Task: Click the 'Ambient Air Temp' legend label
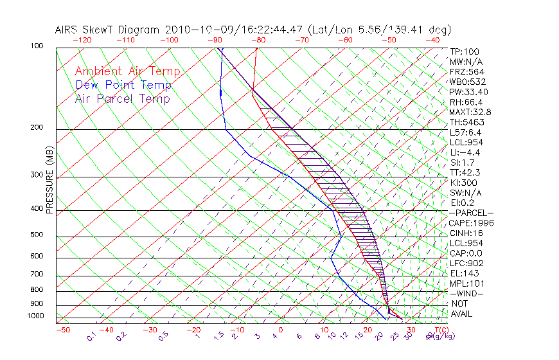tap(128, 72)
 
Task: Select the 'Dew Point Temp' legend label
tap(123, 85)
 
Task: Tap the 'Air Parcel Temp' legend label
tap(123, 99)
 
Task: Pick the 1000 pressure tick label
tap(36, 316)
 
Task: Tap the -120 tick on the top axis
tap(82, 40)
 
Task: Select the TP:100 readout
tap(465, 52)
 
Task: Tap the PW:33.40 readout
tap(469, 92)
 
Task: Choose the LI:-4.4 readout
tap(465, 152)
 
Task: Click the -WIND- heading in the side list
tap(467, 294)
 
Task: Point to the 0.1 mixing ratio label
tap(91, 336)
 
